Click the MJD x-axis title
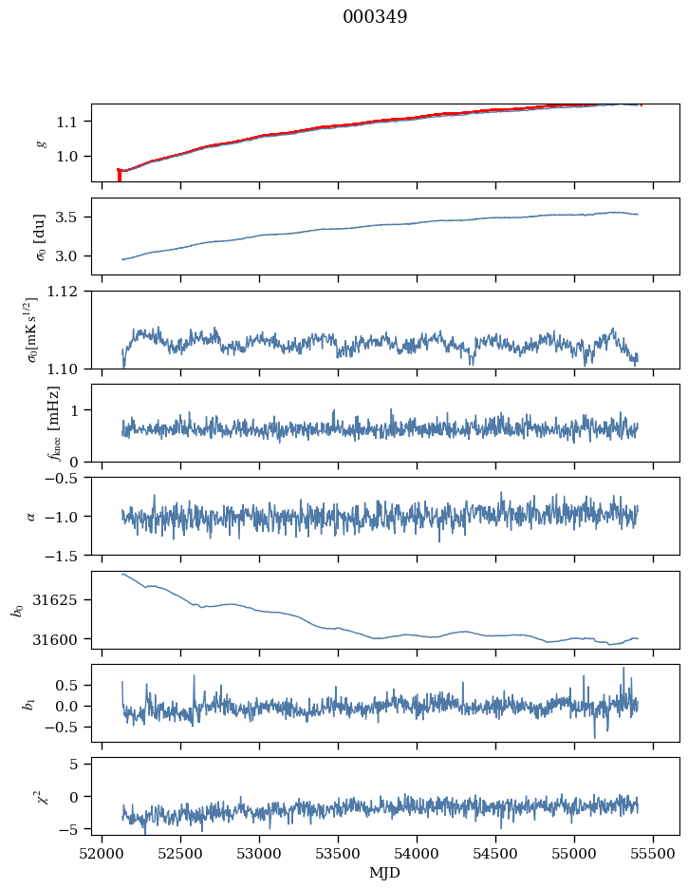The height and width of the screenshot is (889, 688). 385,872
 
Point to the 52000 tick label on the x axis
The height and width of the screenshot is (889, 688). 103,852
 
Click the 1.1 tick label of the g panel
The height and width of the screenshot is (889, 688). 72,122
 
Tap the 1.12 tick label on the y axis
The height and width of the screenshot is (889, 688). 68,292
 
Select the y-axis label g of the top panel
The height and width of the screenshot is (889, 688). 40,143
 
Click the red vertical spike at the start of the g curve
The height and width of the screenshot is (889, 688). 119,175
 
